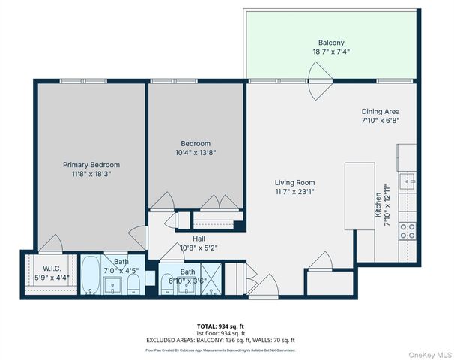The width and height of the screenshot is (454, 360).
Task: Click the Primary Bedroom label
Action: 90,165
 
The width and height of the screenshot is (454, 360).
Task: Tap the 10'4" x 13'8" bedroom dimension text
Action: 195,153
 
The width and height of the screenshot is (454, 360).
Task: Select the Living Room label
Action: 294,182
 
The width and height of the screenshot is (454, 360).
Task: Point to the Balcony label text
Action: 330,43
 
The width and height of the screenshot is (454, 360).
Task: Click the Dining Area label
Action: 380,111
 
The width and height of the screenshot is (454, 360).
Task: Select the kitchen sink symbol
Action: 408,180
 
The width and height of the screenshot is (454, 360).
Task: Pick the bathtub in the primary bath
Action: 89,277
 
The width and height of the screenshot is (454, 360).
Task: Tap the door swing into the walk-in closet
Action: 52,244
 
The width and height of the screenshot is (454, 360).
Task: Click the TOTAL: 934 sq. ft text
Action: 221,326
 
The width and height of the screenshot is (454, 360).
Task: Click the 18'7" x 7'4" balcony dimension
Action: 330,52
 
